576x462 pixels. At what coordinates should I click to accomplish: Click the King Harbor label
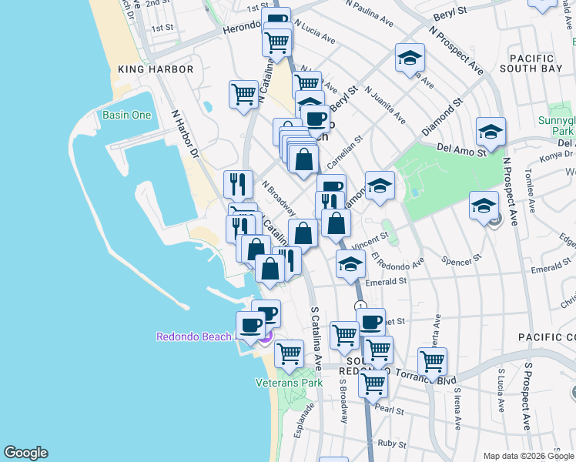coord(156,69)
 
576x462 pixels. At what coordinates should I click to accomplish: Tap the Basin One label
coord(126,115)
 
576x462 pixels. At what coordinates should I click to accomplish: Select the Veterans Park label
coord(289,383)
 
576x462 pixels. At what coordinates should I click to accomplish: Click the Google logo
coord(25,453)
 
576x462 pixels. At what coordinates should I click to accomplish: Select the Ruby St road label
coord(392,444)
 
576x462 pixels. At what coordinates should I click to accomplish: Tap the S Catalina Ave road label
coord(316,339)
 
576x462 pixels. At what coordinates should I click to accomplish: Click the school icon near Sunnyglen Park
coord(491,131)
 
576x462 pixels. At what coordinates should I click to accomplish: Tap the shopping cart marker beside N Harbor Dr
coord(243,95)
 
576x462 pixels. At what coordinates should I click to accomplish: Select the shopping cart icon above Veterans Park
coord(289,353)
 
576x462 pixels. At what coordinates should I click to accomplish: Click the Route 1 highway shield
coord(360,306)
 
